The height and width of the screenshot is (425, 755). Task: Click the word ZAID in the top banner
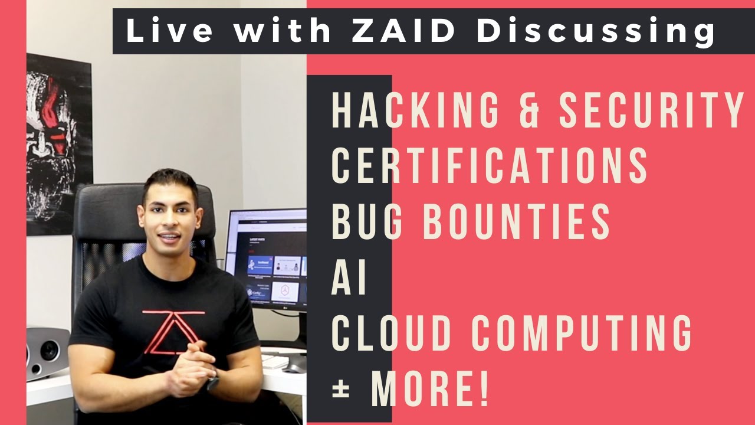404,31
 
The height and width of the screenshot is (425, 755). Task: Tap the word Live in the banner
169,31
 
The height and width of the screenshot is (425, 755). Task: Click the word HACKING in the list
415,110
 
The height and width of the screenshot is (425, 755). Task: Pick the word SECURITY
652,110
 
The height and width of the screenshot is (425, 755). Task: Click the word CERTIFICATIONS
490,165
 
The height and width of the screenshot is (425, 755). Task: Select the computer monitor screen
266,260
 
